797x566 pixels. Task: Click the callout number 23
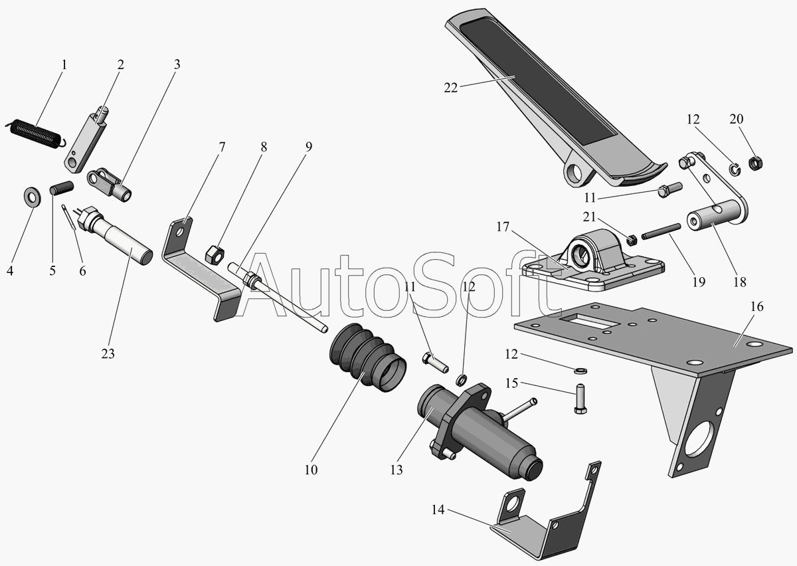pos(108,353)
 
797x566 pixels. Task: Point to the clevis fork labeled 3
pos(110,183)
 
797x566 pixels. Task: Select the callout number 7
pos(222,146)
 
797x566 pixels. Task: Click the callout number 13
pos(397,470)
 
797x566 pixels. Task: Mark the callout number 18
pos(739,282)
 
